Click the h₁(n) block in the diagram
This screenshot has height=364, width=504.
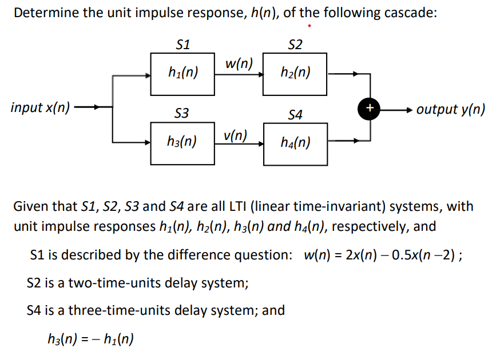click(x=182, y=73)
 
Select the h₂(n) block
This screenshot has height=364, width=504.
click(x=295, y=73)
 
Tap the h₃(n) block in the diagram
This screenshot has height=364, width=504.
click(x=182, y=141)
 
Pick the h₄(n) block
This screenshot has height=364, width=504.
click(x=295, y=142)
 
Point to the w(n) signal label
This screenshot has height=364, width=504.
click(x=239, y=63)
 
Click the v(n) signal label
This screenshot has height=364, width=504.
click(x=236, y=135)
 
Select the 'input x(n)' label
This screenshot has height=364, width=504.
click(x=41, y=107)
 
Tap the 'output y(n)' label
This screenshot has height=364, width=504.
click(x=451, y=109)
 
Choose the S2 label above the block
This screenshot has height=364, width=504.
click(x=295, y=45)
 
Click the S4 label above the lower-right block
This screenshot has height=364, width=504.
click(x=295, y=115)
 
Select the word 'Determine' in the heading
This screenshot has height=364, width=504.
click(x=47, y=13)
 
